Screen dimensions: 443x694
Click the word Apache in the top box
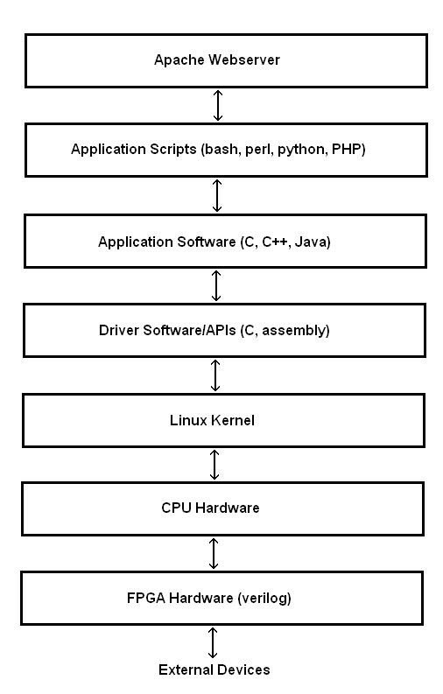coord(179,60)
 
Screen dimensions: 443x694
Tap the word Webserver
coord(244,60)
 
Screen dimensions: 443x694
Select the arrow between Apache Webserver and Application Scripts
coord(218,105)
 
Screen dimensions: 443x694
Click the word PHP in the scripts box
coord(347,149)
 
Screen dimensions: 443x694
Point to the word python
coord(302,150)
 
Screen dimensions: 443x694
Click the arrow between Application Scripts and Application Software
coord(217,195)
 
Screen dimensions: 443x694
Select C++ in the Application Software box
coord(274,242)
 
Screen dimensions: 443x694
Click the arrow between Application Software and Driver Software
coord(216,285)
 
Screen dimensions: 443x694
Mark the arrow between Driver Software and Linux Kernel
coord(215,375)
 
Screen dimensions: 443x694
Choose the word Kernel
coord(233,420)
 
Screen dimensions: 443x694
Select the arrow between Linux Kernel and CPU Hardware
coord(214,465)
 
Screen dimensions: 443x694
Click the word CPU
coord(177,508)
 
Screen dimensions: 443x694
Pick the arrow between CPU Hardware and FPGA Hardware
coord(214,553)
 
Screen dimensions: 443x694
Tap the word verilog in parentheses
coord(264,599)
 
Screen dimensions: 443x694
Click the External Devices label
coord(214,669)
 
